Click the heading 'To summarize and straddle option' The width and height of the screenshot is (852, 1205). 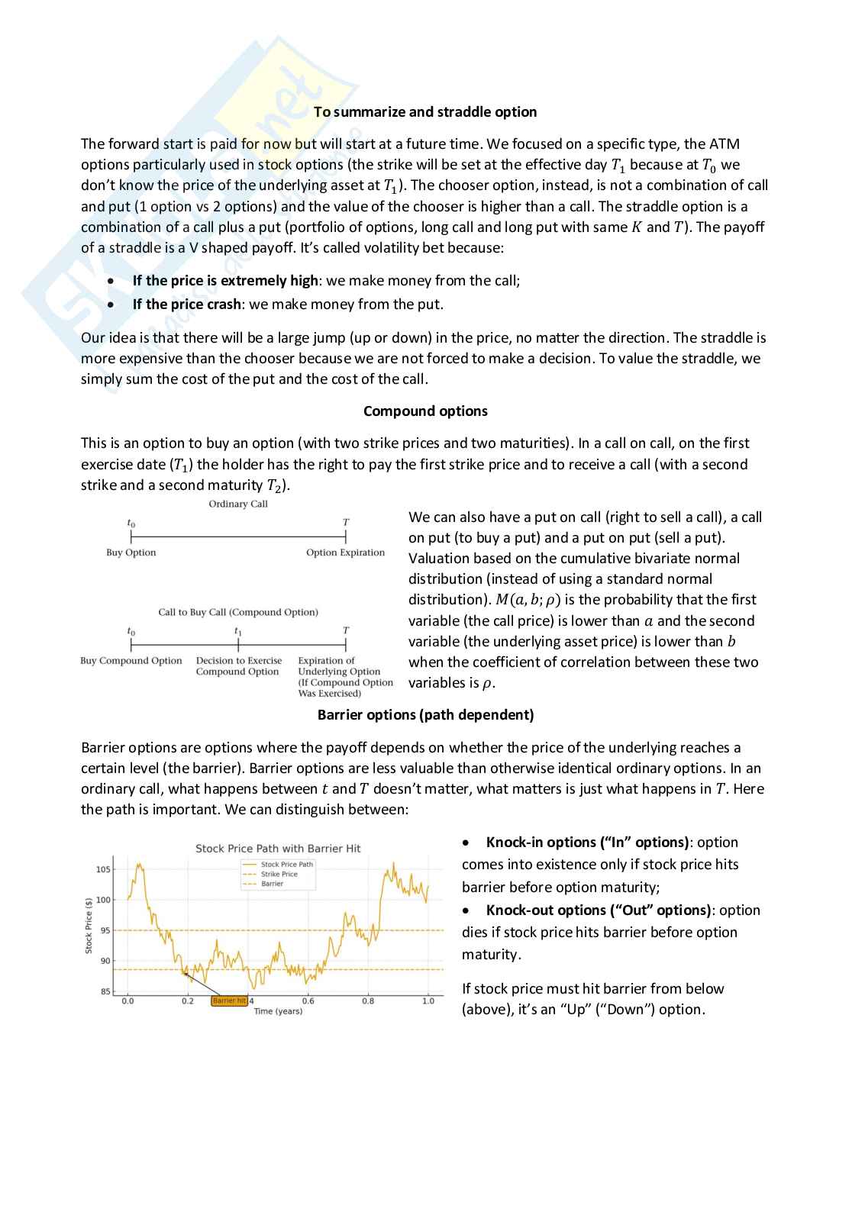click(x=425, y=112)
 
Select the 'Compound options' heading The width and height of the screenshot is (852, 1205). click(x=425, y=411)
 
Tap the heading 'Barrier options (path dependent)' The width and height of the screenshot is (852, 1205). click(x=425, y=715)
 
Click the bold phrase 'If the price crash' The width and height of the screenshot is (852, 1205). click(x=187, y=304)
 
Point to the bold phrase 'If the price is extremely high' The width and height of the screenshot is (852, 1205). click(x=225, y=281)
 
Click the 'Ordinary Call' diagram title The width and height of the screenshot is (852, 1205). click(x=238, y=504)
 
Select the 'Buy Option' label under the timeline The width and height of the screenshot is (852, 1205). click(x=131, y=553)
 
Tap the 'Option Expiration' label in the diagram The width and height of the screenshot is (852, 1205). click(x=345, y=553)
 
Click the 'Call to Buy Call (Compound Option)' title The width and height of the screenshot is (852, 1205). click(x=238, y=612)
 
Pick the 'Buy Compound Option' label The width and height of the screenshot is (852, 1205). click(x=131, y=661)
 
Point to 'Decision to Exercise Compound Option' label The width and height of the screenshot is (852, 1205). click(x=238, y=666)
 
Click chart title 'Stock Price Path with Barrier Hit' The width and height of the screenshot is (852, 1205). click(x=278, y=849)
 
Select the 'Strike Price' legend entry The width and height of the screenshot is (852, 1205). click(x=279, y=875)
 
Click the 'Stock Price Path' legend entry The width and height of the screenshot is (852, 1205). click(x=286, y=865)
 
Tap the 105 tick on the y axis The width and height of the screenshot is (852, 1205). click(x=102, y=869)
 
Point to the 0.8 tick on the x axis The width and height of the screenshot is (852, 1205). click(x=368, y=1000)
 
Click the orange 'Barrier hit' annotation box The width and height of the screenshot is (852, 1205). click(x=229, y=1000)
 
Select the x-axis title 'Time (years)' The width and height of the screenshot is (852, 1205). click(x=278, y=1011)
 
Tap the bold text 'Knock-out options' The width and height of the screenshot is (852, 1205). click(x=545, y=910)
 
